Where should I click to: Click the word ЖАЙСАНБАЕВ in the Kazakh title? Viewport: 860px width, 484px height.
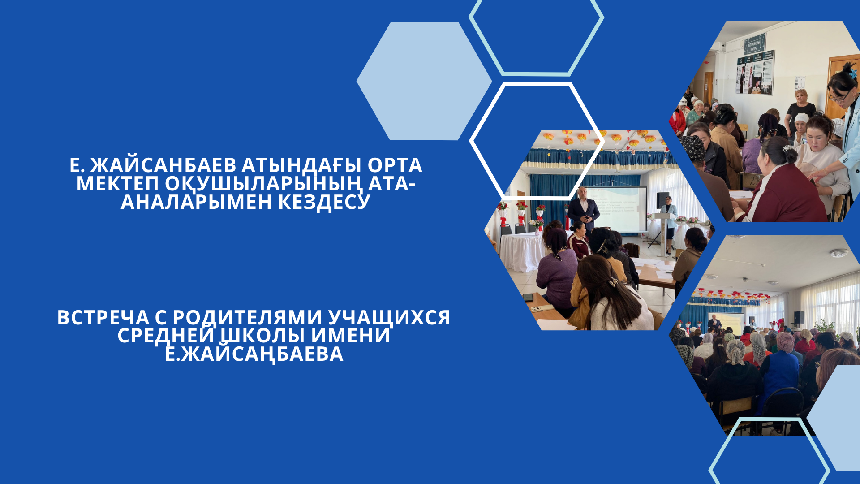click(x=163, y=165)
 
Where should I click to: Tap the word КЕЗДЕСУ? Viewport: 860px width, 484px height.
click(x=324, y=202)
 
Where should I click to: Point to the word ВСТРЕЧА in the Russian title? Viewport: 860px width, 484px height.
click(x=103, y=318)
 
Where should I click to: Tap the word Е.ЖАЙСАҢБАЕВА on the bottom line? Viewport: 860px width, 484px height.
click(x=254, y=354)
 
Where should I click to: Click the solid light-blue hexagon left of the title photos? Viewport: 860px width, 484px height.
click(x=424, y=81)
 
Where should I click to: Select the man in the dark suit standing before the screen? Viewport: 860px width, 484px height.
click(x=583, y=211)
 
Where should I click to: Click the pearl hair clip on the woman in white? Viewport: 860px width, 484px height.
click(x=612, y=282)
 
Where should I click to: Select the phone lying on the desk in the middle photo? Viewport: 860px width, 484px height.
click(x=529, y=297)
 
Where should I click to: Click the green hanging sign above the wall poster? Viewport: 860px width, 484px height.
click(x=755, y=43)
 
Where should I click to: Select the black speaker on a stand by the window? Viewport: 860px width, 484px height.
click(x=799, y=317)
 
